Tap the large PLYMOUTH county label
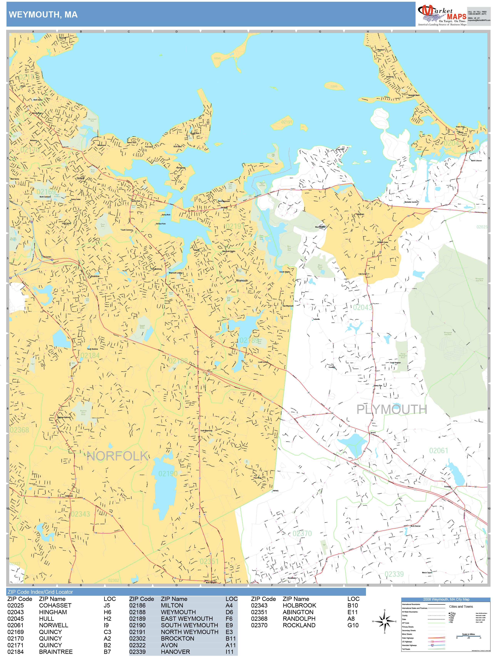[x=391, y=409]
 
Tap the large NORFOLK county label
[x=117, y=456]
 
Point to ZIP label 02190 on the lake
[x=168, y=474]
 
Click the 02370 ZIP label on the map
[x=302, y=534]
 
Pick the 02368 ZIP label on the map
[x=19, y=430]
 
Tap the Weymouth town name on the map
[x=242, y=281]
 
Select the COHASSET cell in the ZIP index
[x=55, y=606]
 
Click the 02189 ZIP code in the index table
[x=137, y=619]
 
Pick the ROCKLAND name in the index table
[x=299, y=625]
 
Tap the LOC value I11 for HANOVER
[x=229, y=652]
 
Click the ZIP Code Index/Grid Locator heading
[x=40, y=592]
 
